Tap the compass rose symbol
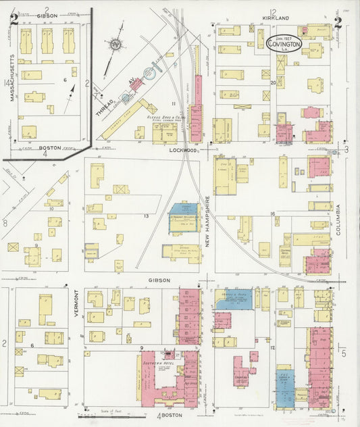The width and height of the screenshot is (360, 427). pos(115,45)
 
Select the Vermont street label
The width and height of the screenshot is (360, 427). pos(76,303)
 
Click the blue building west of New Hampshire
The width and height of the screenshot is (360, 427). pos(182,217)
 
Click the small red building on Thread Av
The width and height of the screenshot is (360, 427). pos(136,84)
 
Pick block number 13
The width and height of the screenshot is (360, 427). pos(146,216)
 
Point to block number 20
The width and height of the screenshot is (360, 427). pos(274,83)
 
